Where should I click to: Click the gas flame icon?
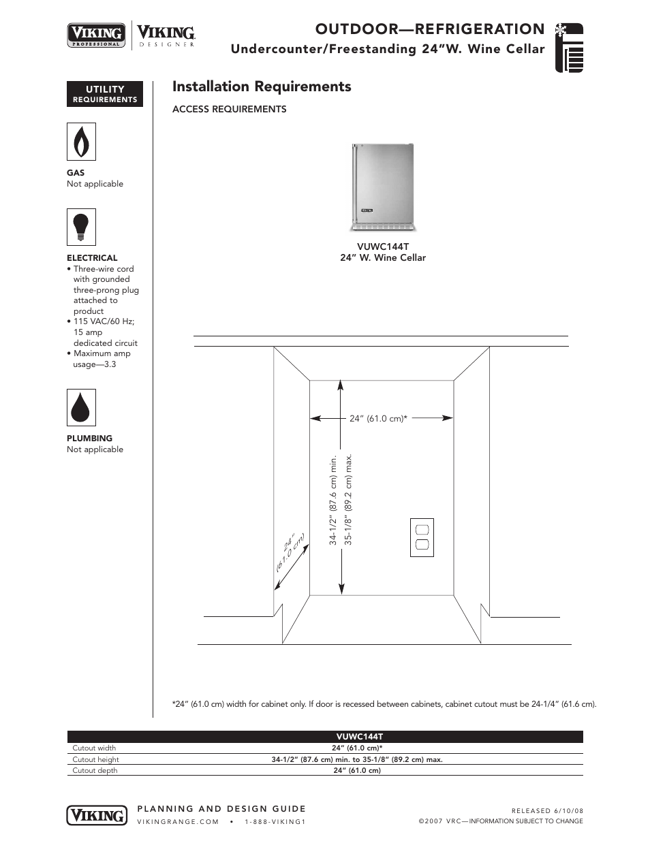tap(81, 142)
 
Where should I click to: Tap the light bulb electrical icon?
tap(81, 227)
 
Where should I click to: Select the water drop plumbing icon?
tap(81, 407)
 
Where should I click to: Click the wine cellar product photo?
tap(383, 188)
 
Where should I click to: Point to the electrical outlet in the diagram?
tap(422, 537)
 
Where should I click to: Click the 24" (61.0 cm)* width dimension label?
tap(378, 419)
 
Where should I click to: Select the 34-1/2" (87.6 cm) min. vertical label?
tap(333, 499)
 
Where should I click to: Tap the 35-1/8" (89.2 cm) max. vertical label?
tap(348, 499)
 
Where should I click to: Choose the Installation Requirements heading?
tap(262, 86)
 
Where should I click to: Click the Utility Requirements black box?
tap(105, 94)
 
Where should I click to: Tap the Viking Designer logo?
tap(166, 35)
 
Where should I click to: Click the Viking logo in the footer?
tap(97, 814)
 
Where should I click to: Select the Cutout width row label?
tap(94, 748)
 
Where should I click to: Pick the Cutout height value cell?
tap(357, 759)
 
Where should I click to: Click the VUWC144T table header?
tap(360, 737)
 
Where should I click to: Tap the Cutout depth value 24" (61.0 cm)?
tap(357, 770)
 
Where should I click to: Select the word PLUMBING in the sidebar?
tap(89, 439)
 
